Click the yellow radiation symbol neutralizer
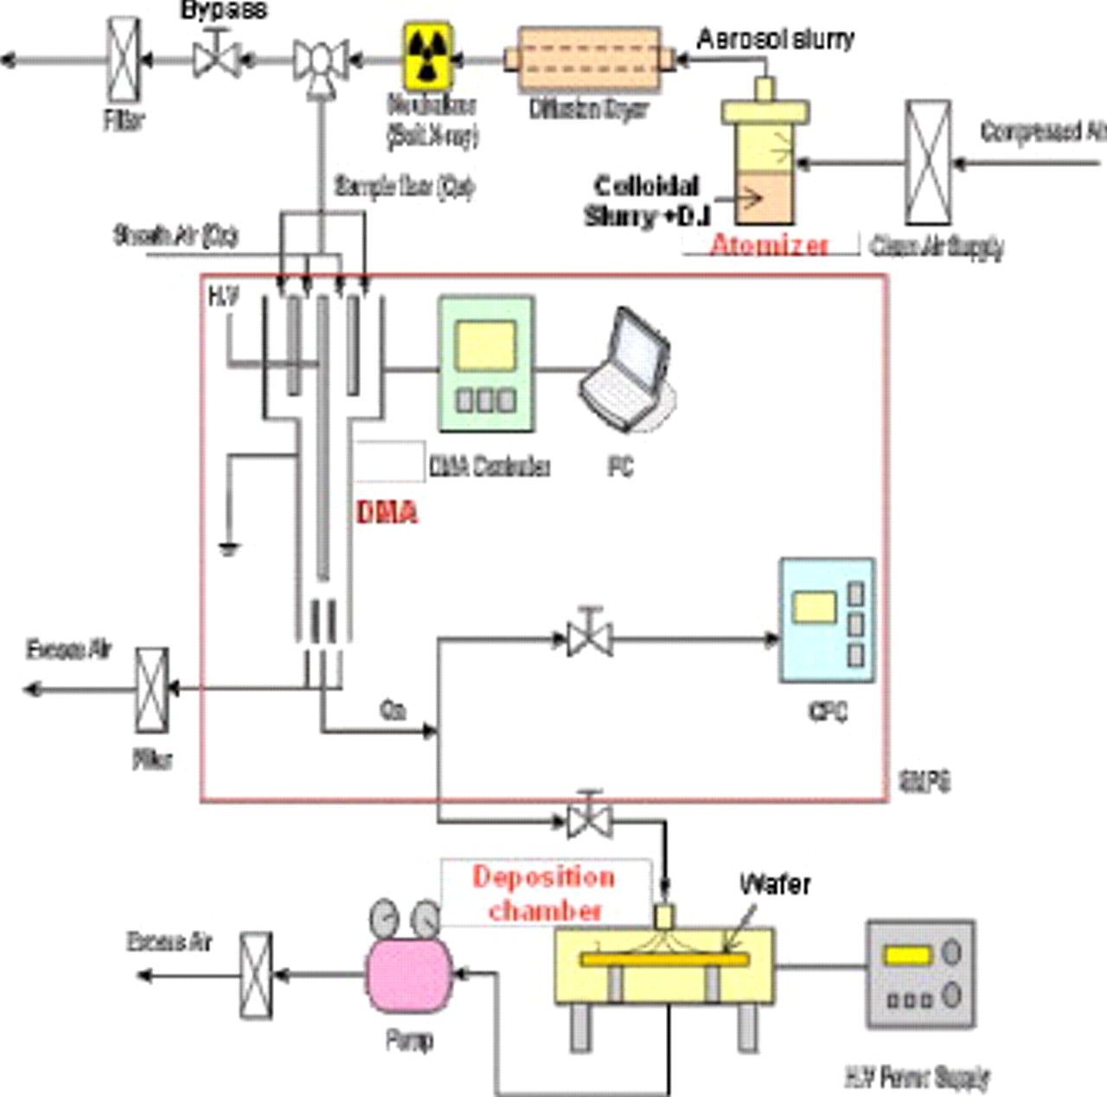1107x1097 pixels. click(x=428, y=57)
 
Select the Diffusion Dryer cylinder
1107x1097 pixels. click(x=589, y=60)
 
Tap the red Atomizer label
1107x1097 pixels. click(x=768, y=246)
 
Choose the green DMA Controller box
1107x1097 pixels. click(x=486, y=364)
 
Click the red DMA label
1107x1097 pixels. click(x=387, y=512)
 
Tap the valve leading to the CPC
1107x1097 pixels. click(x=590, y=638)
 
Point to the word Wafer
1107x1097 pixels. click(x=775, y=884)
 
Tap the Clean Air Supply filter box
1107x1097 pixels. click(x=927, y=163)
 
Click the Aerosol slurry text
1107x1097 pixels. click(x=775, y=39)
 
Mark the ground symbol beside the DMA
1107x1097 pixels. click(x=228, y=547)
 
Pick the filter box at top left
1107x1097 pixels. click(x=123, y=60)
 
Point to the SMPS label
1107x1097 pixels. click(x=925, y=781)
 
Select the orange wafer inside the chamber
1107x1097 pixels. click(x=664, y=959)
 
